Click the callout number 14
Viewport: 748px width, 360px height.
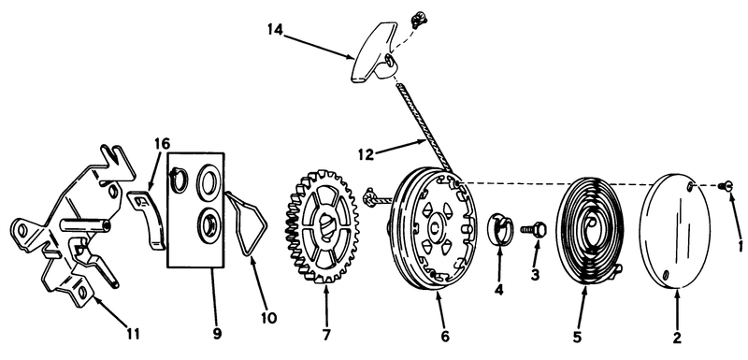pos(275,30)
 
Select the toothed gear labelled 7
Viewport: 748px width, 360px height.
pos(319,226)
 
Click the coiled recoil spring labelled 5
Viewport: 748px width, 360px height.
pos(590,232)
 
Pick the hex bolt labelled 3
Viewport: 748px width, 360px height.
pos(533,230)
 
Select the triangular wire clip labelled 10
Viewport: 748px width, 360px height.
pos(247,223)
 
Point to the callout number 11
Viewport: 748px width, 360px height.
pos(134,334)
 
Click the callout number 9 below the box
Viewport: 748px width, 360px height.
pos(217,334)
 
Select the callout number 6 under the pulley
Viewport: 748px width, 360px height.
pos(445,337)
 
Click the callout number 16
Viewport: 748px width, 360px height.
pos(162,143)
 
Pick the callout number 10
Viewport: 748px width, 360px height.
pos(269,318)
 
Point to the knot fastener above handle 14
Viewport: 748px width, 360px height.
pos(419,20)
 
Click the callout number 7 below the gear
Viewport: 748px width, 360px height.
pos(326,335)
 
